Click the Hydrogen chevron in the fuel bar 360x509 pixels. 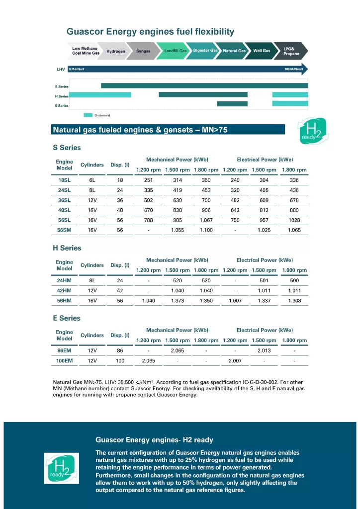[x=115, y=51]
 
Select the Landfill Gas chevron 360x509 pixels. [x=176, y=51]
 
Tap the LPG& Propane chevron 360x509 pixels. [x=291, y=51]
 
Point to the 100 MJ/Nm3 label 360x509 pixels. [x=293, y=69]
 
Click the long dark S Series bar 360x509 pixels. [x=204, y=86]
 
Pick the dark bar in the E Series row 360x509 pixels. [x=232, y=104]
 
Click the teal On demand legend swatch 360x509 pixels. [x=88, y=115]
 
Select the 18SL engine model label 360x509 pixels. [x=64, y=180]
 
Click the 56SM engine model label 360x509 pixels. [x=64, y=230]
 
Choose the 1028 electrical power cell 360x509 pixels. [x=294, y=220]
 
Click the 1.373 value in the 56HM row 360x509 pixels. [x=178, y=301]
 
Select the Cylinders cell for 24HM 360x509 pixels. [x=92, y=281]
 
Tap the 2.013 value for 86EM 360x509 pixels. [x=264, y=351]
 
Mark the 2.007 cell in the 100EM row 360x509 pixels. [x=235, y=361]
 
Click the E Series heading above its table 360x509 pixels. [x=66, y=318]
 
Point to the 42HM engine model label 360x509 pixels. [x=64, y=291]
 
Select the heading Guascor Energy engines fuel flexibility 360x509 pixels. [x=150, y=32]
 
